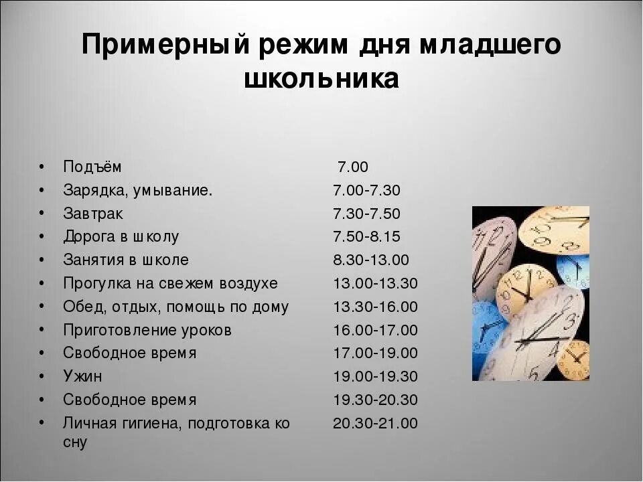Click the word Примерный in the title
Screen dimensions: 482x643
(x=166, y=46)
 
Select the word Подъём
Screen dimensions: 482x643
(x=92, y=166)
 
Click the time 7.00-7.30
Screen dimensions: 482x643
(x=366, y=190)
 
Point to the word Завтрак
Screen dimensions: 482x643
(x=93, y=214)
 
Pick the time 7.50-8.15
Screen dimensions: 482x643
(x=366, y=236)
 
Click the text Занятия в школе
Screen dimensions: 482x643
(x=126, y=260)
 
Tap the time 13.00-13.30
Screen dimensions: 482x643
(x=375, y=283)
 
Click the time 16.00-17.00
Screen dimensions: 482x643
(x=375, y=330)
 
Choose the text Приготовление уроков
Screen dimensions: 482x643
(x=147, y=330)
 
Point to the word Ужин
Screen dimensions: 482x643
(x=83, y=376)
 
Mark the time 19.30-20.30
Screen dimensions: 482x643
(x=375, y=400)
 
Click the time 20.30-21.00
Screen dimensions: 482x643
(x=375, y=423)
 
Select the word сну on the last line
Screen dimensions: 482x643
(x=75, y=443)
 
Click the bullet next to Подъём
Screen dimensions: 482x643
(x=42, y=166)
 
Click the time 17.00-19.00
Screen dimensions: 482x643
(x=375, y=353)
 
